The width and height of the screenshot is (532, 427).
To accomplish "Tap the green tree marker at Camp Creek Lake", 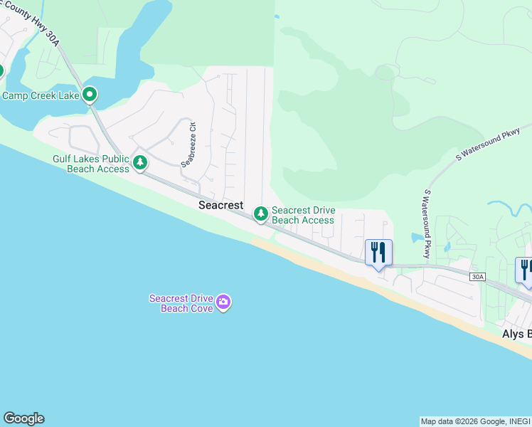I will click(89, 94).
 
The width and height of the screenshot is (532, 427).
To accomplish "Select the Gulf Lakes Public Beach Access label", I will click(90, 164).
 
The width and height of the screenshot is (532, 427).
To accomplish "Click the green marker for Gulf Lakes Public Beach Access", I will click(141, 163).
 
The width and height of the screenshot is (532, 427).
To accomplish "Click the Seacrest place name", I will click(220, 205).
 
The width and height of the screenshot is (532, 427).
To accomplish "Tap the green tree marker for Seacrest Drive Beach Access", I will click(261, 213).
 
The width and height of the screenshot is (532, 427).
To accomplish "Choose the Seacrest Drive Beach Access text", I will click(303, 215).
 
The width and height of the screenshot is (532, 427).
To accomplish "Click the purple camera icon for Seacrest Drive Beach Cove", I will click(223, 303).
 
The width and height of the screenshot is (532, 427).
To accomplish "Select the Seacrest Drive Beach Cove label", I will click(180, 303).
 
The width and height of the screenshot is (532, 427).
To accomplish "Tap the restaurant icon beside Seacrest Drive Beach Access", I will click(378, 252).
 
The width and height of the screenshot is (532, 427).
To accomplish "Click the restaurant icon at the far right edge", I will click(525, 270).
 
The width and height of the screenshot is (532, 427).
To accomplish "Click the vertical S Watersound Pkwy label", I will click(428, 223).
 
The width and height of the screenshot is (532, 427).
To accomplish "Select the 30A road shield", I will click(477, 276).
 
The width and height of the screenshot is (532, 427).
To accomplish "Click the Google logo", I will click(23, 418).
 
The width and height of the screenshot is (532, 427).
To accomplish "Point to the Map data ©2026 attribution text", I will click(475, 421).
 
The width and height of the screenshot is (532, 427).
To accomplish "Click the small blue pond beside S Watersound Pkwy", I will click(415, 238).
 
